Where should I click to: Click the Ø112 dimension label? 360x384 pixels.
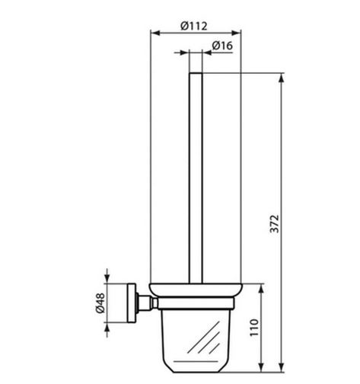point(194,26)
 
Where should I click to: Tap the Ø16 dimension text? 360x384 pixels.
point(222,46)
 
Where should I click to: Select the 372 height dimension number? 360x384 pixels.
point(274,223)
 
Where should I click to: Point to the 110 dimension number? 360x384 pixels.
point(254,328)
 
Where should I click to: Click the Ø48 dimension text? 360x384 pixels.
point(100,303)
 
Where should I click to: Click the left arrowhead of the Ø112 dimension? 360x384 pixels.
point(155,33)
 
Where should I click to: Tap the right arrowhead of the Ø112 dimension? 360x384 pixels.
point(236,33)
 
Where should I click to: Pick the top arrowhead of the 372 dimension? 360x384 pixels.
point(281,78)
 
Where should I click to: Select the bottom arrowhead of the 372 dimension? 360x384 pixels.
point(281,367)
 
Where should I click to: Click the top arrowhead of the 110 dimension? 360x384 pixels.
point(261,289)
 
